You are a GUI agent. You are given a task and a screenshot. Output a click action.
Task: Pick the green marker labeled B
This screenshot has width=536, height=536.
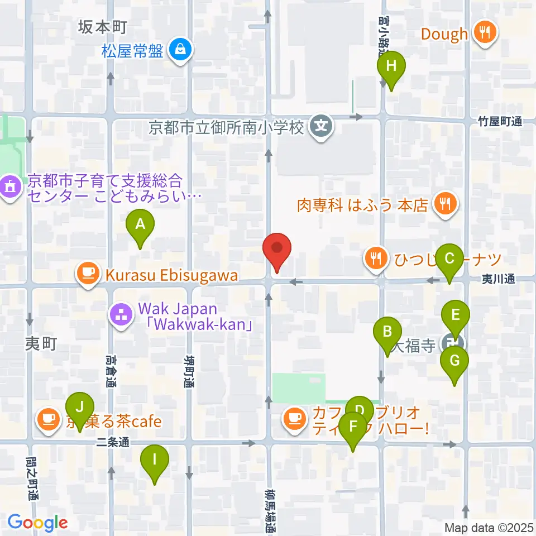387,333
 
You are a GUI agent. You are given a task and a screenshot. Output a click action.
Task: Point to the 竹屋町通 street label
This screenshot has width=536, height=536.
499,121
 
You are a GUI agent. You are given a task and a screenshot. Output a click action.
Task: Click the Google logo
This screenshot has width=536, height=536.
37,523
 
